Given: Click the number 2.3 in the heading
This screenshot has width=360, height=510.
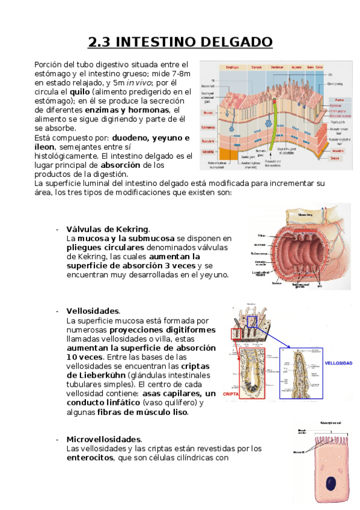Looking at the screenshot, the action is [99, 42].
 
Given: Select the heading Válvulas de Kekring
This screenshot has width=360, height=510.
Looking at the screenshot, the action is [108, 229].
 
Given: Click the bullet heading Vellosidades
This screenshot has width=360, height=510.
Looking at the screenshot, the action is [93, 311].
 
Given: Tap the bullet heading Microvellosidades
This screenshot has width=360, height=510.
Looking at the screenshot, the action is [104, 439].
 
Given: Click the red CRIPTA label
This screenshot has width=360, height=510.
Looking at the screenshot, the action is [232, 394].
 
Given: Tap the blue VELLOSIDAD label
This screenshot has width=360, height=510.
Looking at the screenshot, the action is [338, 363].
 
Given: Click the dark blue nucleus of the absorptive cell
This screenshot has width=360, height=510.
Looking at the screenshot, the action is [331, 483].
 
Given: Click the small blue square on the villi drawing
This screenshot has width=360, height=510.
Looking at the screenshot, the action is [252, 322].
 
